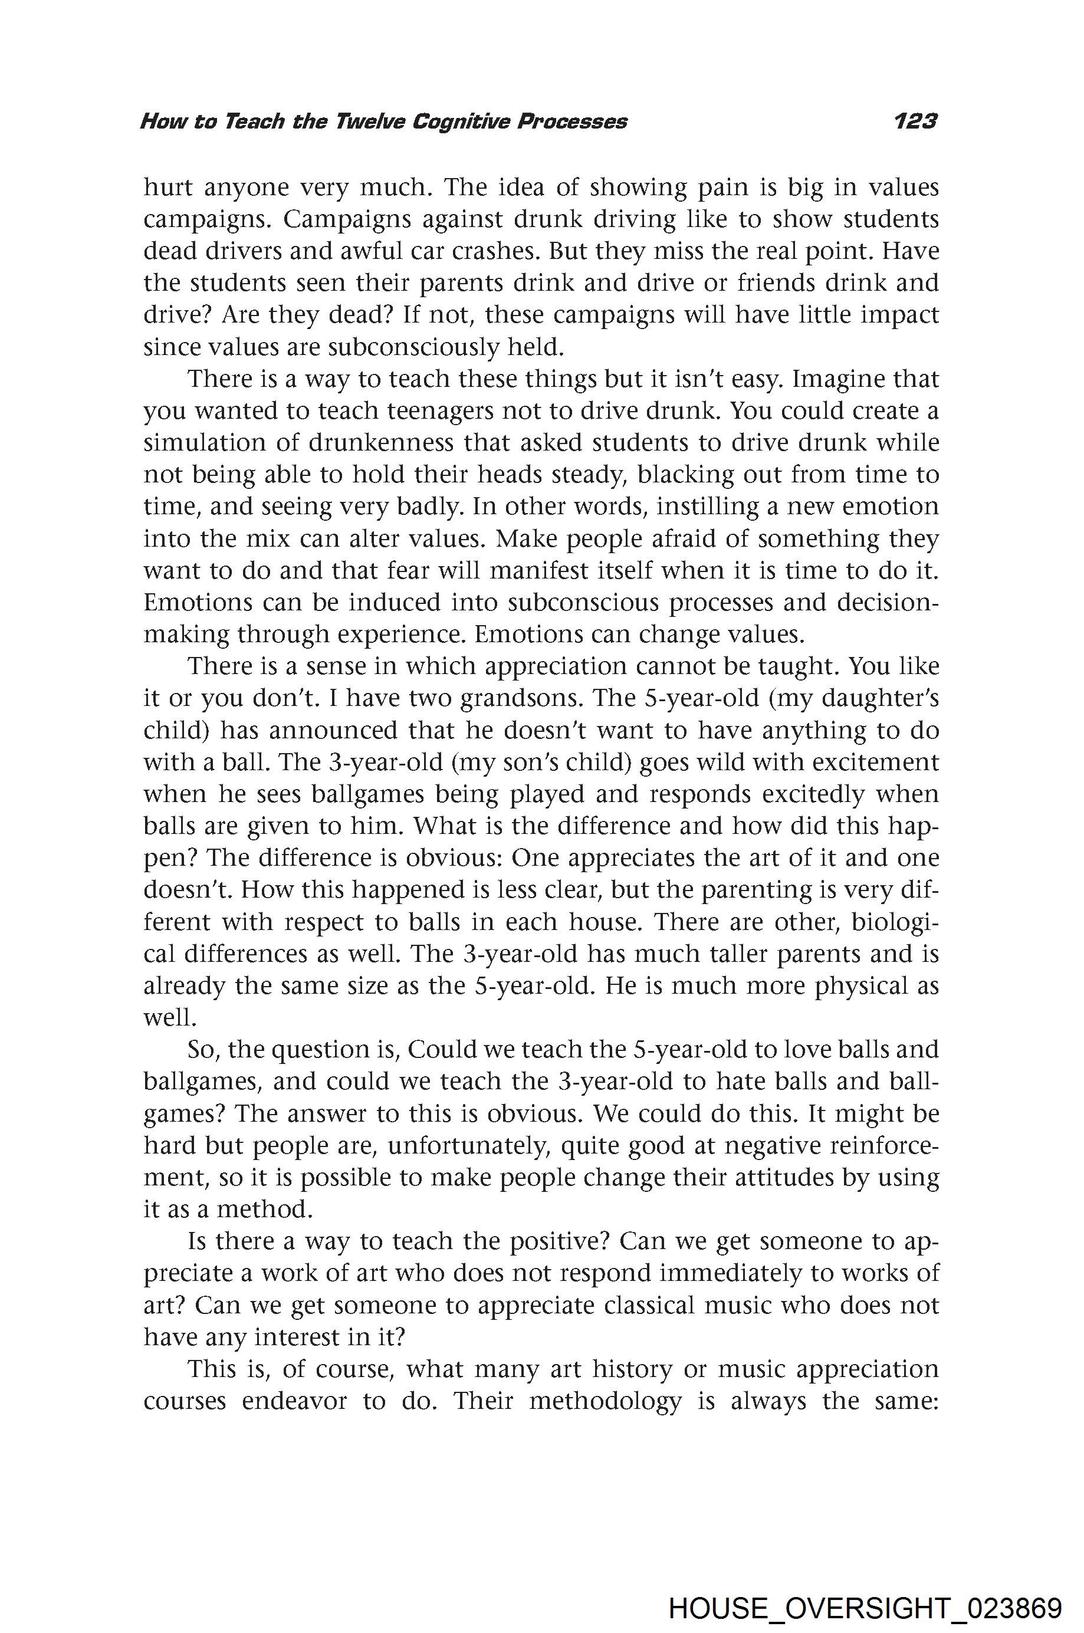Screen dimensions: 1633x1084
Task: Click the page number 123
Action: pyautogui.click(x=915, y=121)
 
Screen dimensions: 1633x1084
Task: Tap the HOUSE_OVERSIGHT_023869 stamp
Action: pyautogui.click(x=865, y=1589)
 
